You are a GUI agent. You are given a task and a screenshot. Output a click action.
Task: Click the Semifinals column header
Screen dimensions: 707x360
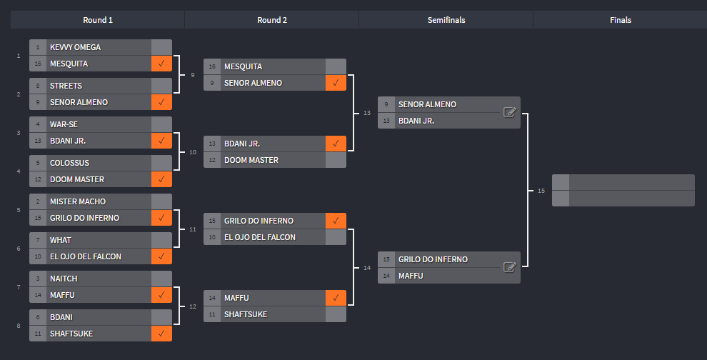coord(446,20)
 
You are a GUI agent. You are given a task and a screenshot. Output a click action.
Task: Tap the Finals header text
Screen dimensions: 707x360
coord(621,20)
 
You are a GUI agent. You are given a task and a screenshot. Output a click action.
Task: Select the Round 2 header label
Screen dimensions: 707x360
coord(272,20)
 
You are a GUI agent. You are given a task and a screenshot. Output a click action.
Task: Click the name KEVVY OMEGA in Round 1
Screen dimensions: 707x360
coord(75,47)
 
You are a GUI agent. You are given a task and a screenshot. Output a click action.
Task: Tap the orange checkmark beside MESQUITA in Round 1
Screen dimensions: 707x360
coord(161,64)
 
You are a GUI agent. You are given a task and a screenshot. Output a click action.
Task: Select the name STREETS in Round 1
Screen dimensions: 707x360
coord(66,86)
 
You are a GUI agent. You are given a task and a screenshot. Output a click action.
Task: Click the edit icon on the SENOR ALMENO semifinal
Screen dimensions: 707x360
coord(509,112)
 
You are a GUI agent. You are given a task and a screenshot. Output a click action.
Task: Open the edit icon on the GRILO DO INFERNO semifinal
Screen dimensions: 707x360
coord(509,267)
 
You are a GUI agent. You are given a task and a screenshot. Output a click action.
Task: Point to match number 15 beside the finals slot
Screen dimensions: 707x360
coord(541,191)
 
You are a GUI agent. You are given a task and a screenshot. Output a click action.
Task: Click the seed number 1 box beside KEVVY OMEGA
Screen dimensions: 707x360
coord(38,47)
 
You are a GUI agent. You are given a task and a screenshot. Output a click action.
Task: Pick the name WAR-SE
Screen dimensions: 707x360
coord(64,124)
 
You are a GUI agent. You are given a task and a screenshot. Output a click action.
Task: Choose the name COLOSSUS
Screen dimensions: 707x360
coord(69,163)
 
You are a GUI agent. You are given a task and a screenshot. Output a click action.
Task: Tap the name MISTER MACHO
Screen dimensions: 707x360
coord(78,201)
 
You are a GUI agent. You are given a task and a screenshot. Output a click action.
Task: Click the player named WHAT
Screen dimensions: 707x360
coord(61,240)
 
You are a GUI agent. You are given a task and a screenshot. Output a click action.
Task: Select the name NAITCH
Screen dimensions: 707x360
coord(64,279)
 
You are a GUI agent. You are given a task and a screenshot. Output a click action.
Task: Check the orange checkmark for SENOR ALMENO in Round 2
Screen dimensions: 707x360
coord(336,83)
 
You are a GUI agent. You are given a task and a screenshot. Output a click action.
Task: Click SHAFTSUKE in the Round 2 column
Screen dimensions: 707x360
coord(245,314)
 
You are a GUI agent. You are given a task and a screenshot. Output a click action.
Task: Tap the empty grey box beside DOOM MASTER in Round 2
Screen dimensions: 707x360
coord(336,160)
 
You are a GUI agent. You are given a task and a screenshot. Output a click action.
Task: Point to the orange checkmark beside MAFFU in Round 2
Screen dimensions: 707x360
coord(336,298)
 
